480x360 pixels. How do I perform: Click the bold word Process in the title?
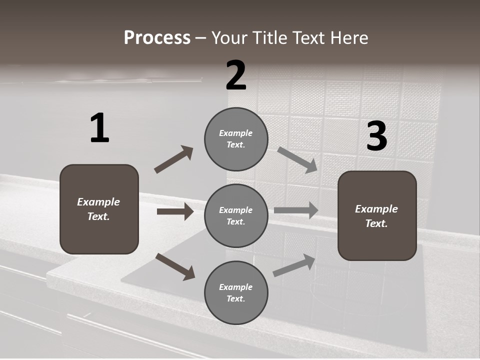(157, 38)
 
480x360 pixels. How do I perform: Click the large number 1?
(99, 128)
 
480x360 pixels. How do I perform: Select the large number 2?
(236, 75)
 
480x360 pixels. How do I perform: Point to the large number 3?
(376, 136)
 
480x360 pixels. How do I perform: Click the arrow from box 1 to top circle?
(173, 159)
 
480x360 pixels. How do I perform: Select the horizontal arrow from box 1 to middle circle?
(175, 211)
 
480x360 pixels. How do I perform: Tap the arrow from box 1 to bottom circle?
(175, 266)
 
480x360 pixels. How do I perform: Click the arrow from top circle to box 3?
(297, 159)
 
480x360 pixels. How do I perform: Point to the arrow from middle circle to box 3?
(296, 210)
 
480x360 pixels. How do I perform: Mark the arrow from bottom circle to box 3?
(294, 265)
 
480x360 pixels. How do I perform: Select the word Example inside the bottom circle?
(236, 287)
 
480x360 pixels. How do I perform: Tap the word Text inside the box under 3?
(376, 223)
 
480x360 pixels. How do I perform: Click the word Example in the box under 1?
(98, 202)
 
